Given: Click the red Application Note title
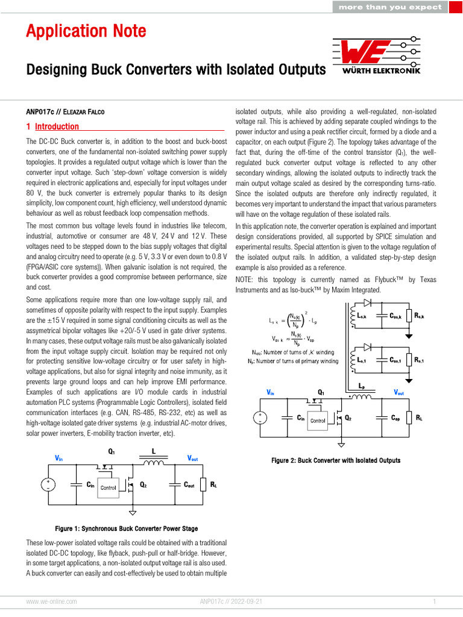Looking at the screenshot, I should coord(86,31).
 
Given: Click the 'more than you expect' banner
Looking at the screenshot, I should coord(390,7).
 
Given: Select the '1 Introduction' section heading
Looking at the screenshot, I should coord(52,127).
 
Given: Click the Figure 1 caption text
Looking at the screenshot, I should coord(127,528).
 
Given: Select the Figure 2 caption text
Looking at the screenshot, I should coord(336,460).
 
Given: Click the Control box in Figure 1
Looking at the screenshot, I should coord(109,487).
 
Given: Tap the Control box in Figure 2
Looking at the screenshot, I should coord(317,421).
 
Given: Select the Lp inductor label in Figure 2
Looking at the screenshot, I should coord(361,384).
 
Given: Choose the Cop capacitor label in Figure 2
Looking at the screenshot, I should coord(395,418).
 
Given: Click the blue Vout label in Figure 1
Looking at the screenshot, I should coord(193,459).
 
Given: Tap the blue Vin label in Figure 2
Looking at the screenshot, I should coord(271,392).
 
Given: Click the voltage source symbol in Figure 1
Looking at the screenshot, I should coord(47,484).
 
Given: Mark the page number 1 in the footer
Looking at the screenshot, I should coord(434,601).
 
